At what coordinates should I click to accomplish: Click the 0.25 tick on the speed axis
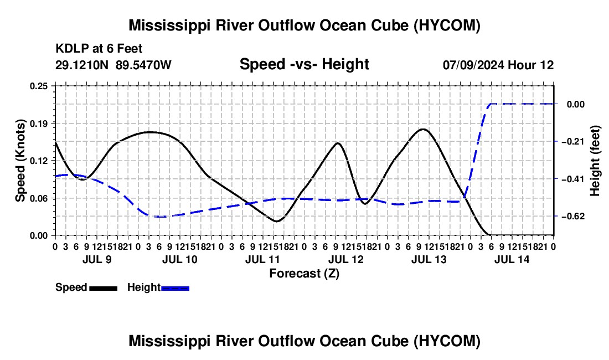click(38, 86)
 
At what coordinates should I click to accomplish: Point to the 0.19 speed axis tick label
click(38, 124)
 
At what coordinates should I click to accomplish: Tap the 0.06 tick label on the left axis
click(38, 198)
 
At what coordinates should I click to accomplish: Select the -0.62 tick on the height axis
click(573, 217)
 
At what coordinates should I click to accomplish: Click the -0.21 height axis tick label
click(573, 142)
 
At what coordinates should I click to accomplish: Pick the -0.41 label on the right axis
click(573, 179)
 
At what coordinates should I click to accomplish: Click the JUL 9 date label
click(97, 259)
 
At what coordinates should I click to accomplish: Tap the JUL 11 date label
click(262, 259)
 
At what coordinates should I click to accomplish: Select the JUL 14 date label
click(512, 259)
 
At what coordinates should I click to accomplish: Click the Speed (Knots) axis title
click(20, 161)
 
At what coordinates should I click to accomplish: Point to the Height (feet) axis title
click(595, 161)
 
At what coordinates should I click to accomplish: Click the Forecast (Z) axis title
click(304, 274)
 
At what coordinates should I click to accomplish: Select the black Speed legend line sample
click(104, 288)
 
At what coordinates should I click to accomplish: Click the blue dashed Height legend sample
click(175, 288)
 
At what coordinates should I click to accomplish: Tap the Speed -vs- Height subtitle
click(304, 64)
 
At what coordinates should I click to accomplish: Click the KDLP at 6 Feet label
click(99, 49)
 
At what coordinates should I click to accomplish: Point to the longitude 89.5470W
click(143, 65)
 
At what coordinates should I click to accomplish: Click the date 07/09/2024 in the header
click(474, 65)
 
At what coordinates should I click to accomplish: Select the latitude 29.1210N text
click(82, 65)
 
